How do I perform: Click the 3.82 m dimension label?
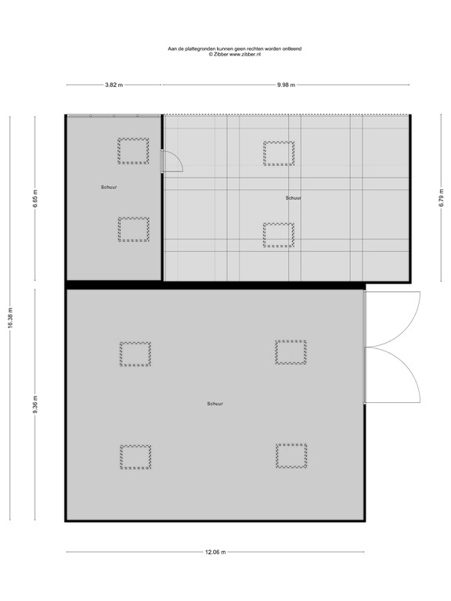114,85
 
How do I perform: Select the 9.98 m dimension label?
286,85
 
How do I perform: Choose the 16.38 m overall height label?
11,317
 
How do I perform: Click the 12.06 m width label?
215,552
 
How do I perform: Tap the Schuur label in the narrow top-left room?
109,188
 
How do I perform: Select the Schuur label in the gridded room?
294,198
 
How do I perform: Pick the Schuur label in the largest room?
215,404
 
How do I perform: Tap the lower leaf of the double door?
393,375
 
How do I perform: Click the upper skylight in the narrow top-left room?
133,150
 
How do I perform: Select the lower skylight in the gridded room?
278,235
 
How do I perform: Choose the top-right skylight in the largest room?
290,352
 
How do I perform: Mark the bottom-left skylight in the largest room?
135,457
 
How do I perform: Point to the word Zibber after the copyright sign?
219,54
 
